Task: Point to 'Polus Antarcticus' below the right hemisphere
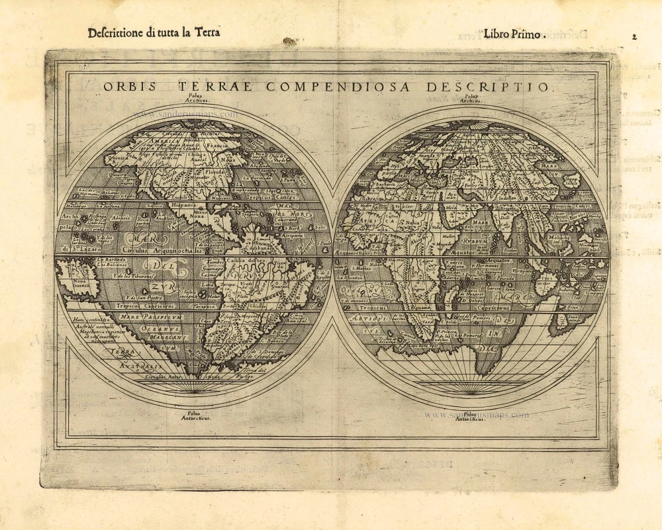[470, 416]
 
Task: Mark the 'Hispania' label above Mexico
[181, 205]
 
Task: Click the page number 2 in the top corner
[634, 37]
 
